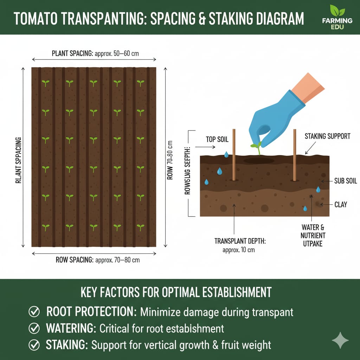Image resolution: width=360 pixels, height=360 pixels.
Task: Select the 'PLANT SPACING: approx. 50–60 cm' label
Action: click(99, 54)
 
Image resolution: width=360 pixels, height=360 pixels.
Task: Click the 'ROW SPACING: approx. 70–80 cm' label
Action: click(98, 260)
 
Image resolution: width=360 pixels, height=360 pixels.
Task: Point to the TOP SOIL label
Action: click(217, 140)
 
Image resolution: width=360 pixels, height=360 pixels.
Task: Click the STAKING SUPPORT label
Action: click(327, 136)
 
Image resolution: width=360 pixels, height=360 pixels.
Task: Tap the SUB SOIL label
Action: click(345, 181)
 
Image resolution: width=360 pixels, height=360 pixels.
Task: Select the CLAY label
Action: click(341, 204)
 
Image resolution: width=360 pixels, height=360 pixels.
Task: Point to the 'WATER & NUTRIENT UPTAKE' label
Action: click(313, 235)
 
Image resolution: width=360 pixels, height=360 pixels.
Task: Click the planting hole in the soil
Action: click(259, 161)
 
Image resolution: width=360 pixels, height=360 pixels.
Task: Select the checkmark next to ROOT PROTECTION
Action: click(34, 311)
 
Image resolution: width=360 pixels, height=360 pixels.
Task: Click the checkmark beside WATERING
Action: click(34, 328)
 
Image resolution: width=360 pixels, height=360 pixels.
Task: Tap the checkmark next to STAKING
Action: click(34, 345)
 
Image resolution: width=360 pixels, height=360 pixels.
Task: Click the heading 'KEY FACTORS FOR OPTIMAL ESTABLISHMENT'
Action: click(176, 292)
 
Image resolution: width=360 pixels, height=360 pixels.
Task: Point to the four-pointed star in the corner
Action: click(340, 340)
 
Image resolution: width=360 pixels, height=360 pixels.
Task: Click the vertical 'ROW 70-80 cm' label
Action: click(170, 160)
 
